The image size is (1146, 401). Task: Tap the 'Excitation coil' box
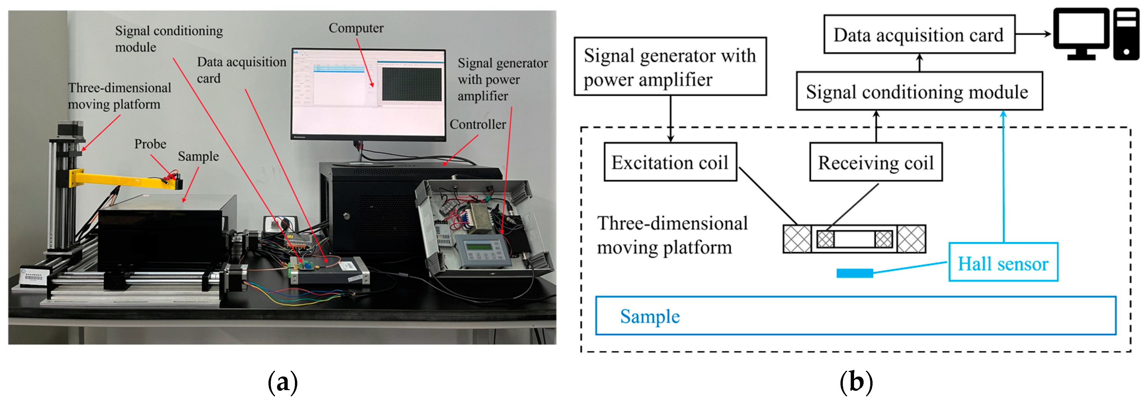(670, 162)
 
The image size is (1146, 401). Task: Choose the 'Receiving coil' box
(876, 162)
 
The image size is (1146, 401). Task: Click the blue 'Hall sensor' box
(1003, 263)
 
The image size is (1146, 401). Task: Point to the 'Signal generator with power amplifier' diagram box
(670, 67)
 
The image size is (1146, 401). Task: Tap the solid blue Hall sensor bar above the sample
(854, 273)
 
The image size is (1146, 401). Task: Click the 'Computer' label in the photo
(355, 28)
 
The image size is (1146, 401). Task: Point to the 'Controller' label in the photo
(477, 125)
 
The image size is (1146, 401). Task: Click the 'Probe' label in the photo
(150, 144)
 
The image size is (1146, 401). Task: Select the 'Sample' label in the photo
(198, 156)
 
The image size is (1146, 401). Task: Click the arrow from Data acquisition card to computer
(1033, 34)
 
